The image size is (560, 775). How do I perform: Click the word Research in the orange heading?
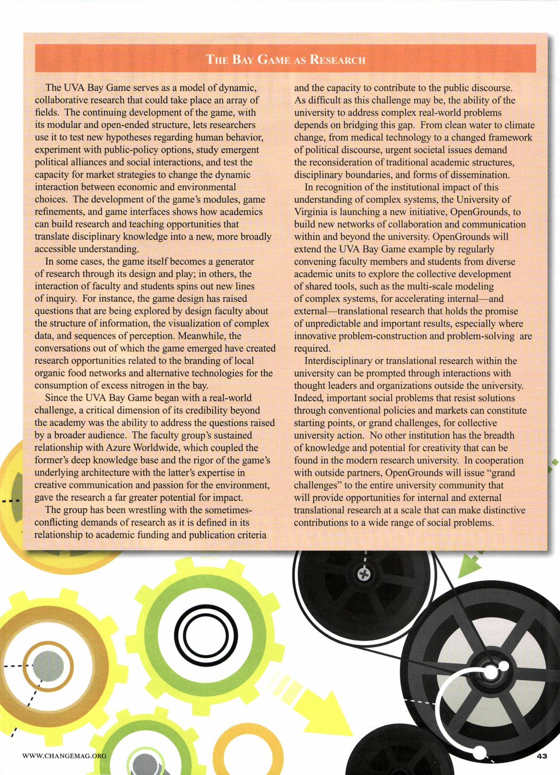(337, 60)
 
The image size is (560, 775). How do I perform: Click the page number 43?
(541, 756)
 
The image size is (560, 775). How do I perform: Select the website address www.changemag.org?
(64, 756)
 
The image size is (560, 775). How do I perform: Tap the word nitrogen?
(149, 386)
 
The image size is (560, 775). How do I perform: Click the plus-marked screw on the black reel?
(364, 574)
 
